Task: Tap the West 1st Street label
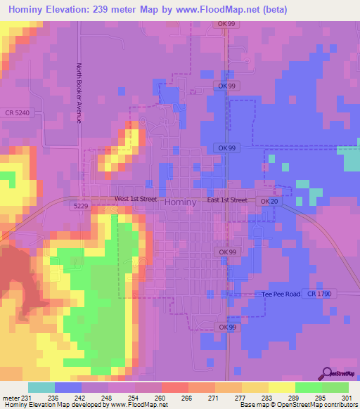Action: [136, 200]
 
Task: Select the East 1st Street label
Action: [227, 200]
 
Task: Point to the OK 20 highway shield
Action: [268, 201]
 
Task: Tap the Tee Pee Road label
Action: [281, 293]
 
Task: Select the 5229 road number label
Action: [79, 206]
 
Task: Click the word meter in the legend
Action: [10, 397]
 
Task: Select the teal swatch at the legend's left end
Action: [41, 387]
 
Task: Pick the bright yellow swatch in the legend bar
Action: [281, 387]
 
